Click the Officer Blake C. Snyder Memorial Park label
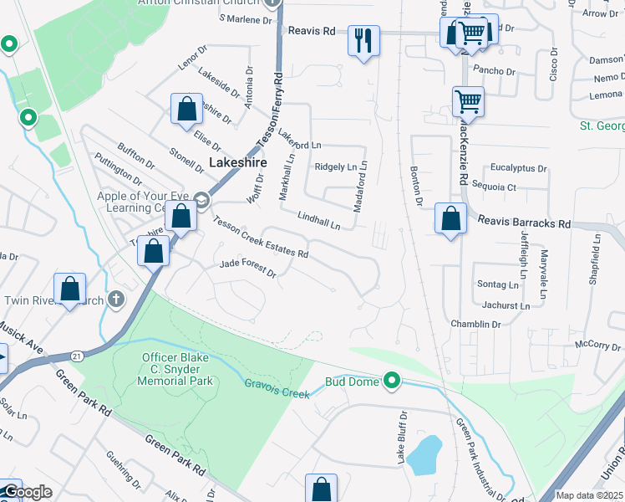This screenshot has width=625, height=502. pos(176,369)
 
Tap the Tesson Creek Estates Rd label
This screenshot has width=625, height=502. pos(261,237)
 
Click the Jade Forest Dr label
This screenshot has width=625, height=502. pos(247,268)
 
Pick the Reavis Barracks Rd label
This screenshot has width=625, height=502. pos(524,223)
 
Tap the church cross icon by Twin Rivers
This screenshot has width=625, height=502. pos(116,299)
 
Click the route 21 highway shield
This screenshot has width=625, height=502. pos(78,356)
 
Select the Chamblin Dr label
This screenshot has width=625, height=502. pos(475,324)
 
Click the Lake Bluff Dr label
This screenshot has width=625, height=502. pos(402,438)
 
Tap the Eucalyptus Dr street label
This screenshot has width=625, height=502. pos(518,167)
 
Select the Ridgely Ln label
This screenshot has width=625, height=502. pos(335,166)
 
